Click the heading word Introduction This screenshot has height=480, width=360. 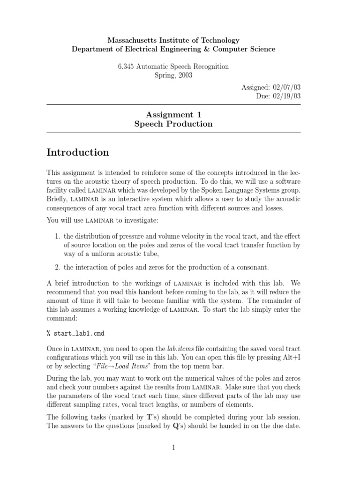click(78, 152)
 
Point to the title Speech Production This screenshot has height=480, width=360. click(173, 124)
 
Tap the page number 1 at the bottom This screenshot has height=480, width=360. click(173, 448)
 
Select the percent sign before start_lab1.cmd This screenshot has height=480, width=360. click(48, 334)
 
